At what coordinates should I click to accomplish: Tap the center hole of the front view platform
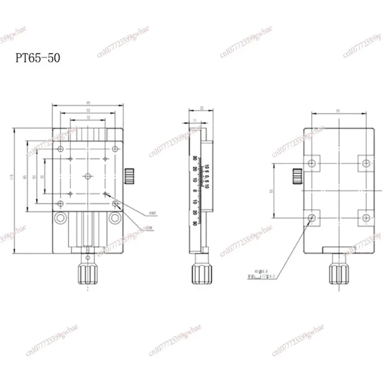pos(88,176)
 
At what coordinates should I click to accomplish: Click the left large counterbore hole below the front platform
pos(60,218)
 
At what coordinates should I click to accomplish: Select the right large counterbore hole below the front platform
pos(115,218)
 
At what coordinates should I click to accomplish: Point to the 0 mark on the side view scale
pos(194,191)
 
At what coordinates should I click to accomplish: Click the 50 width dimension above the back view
pos(339,111)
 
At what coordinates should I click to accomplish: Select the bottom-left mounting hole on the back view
pos(312,218)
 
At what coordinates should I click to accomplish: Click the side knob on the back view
pos(296,176)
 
